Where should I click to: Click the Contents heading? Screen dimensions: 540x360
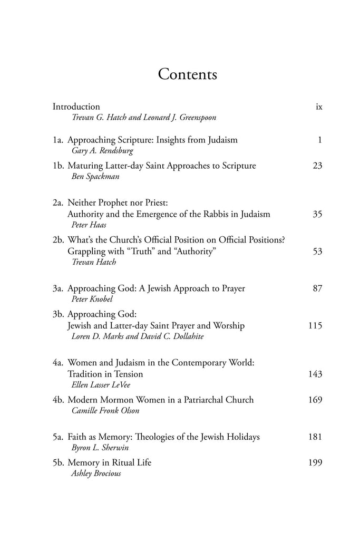coord(188,74)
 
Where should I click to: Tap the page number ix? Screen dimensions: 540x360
coord(318,107)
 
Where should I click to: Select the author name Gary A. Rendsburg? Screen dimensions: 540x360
coord(99,151)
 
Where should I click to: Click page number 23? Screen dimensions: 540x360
coord(317,166)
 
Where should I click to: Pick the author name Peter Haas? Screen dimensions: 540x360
coord(85,225)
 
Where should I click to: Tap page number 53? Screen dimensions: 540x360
coord(317,252)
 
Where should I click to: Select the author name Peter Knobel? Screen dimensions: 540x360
coord(88,300)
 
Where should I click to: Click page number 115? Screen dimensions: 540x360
coord(315,326)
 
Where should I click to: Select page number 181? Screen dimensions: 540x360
coord(315,437)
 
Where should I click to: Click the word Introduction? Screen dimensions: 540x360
coord(76,107)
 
